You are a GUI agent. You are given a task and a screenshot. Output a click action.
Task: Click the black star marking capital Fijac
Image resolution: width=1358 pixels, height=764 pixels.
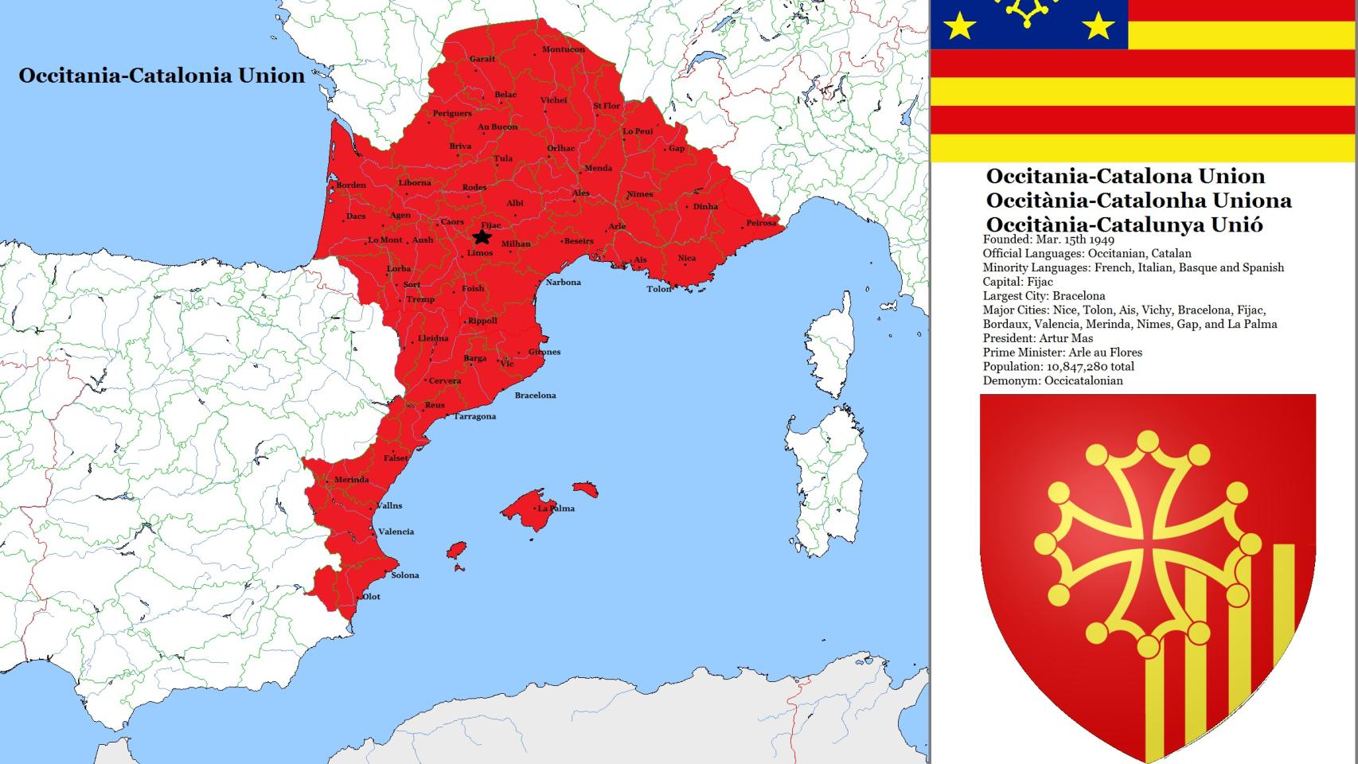click(x=482, y=237)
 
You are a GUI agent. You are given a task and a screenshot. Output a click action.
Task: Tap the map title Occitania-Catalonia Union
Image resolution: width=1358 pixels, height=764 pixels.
click(x=162, y=76)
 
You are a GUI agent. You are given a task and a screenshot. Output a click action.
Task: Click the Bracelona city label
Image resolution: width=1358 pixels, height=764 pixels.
click(x=535, y=396)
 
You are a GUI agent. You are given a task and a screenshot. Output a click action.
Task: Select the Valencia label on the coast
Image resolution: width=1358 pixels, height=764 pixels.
click(x=396, y=532)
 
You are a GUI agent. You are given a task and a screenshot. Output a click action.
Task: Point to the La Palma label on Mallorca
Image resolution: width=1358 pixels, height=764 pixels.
click(x=556, y=508)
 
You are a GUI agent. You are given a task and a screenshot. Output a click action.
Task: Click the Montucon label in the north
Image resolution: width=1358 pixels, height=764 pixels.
click(x=563, y=49)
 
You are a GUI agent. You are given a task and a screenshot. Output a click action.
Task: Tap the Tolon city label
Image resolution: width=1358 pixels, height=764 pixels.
click(x=658, y=289)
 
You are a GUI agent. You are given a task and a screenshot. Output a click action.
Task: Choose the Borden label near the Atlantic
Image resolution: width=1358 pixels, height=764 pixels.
click(x=351, y=185)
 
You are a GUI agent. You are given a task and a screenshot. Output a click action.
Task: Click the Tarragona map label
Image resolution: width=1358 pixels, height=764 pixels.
click(x=474, y=416)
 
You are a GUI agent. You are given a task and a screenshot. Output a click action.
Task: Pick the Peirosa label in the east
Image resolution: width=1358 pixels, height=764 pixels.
click(x=760, y=223)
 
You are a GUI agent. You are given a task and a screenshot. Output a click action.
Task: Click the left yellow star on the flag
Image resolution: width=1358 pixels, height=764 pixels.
click(x=959, y=27)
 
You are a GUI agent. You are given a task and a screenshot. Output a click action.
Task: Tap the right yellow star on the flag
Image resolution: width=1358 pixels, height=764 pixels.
click(x=1098, y=27)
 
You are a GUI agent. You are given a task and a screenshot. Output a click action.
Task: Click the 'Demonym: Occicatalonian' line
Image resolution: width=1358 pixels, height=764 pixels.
click(x=1052, y=381)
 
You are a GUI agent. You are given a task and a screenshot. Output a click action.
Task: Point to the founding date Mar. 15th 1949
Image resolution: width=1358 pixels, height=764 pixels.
click(x=1075, y=240)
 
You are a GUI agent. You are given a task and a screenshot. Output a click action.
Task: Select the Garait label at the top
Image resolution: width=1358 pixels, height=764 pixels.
click(x=482, y=59)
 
